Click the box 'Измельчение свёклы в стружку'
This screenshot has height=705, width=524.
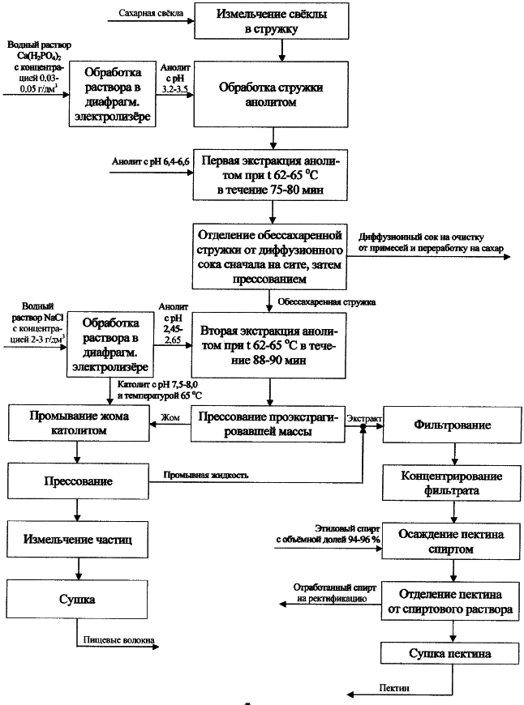(272, 21)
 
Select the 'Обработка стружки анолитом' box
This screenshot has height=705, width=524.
(271, 95)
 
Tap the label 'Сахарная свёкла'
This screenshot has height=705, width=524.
(151, 13)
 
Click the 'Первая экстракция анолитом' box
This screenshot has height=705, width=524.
(270, 175)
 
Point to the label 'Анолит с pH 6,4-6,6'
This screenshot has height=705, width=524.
(150, 161)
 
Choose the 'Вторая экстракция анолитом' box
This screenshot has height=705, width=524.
(268, 345)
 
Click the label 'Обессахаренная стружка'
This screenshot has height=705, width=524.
(326, 302)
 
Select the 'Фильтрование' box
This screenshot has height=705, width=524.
(452, 425)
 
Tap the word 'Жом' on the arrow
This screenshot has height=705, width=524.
(170, 417)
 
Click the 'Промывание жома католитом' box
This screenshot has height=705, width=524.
(79, 423)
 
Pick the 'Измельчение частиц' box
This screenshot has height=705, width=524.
(77, 540)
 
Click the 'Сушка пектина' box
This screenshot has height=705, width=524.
(450, 653)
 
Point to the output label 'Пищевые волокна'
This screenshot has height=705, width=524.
(119, 640)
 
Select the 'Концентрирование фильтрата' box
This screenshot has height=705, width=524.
(452, 483)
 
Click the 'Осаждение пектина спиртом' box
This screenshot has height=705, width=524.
(451, 541)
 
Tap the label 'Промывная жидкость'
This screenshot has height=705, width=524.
(206, 475)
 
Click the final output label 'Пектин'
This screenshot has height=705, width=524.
(394, 688)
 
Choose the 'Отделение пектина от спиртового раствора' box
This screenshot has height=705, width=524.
(451, 601)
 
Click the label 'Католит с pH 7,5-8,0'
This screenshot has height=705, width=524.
(157, 385)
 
